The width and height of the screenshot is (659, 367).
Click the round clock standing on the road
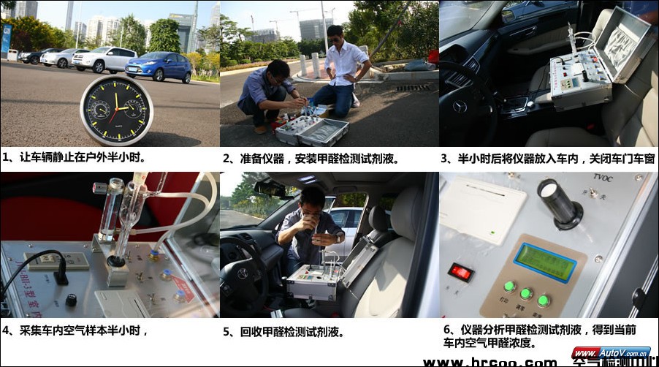pyautogui.click(x=116, y=110)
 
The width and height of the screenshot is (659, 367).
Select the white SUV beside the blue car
pyautogui.click(x=104, y=59)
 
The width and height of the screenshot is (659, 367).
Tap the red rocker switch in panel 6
pyautogui.click(x=460, y=272)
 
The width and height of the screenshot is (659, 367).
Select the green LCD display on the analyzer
pyautogui.click(x=544, y=262)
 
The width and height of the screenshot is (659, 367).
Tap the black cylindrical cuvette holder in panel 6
pyautogui.click(x=559, y=203)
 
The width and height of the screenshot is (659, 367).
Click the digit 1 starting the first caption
pyautogui.click(x=6, y=157)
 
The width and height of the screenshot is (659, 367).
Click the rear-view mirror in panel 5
pyautogui.click(x=270, y=189)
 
